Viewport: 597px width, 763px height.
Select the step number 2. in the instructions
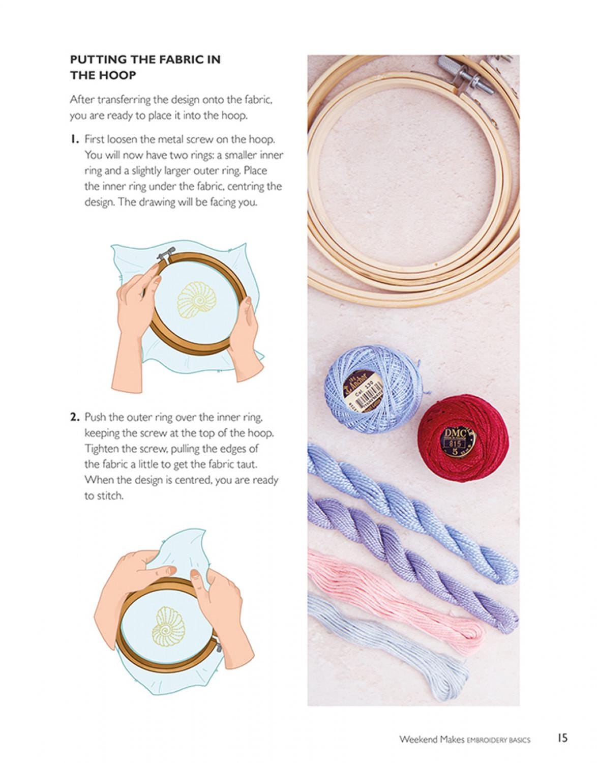(x=75, y=418)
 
